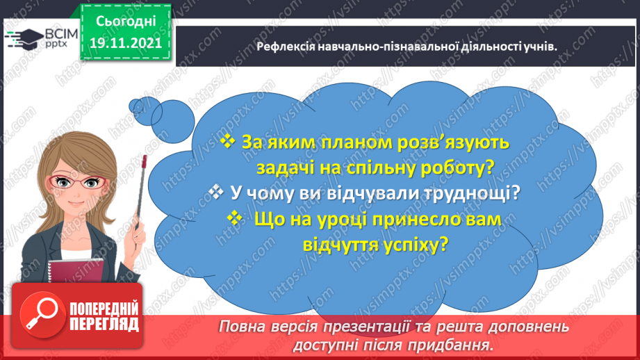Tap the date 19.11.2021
tap(125, 42)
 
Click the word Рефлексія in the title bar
tap(285, 46)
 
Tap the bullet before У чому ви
tap(217, 192)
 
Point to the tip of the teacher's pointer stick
tap(144, 159)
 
